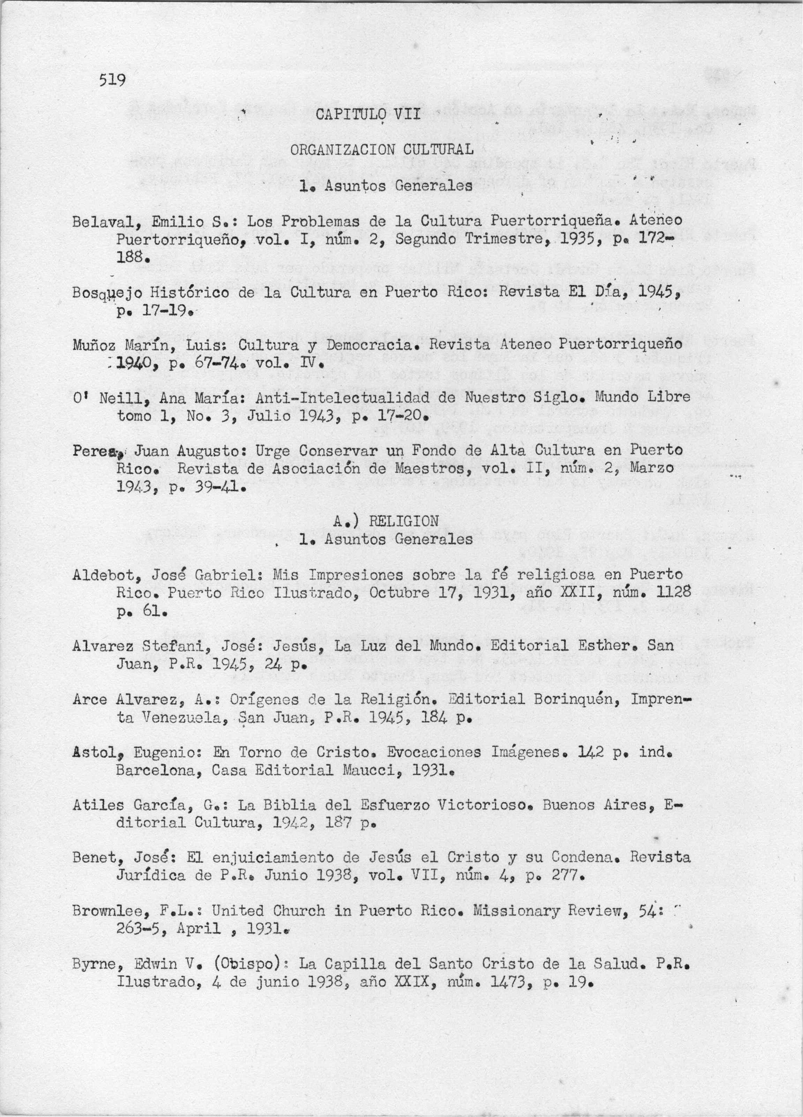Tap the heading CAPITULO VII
(x=368, y=115)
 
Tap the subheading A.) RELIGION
(x=385, y=521)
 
